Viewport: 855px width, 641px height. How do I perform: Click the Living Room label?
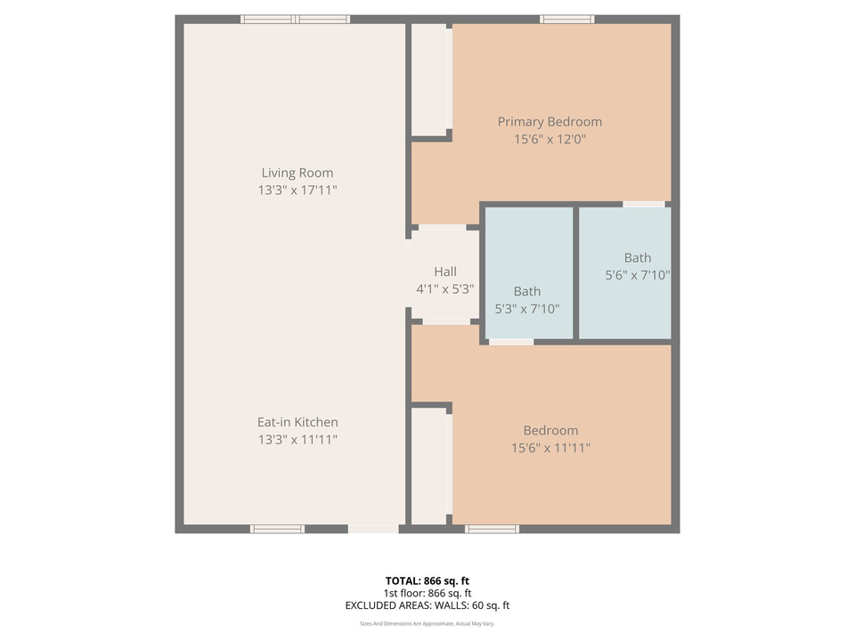(x=297, y=173)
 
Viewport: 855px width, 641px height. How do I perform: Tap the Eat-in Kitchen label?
(x=297, y=422)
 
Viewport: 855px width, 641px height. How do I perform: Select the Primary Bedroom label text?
(x=549, y=122)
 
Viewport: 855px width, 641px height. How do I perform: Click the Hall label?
(x=444, y=272)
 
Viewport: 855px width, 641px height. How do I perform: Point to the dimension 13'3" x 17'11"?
(x=297, y=191)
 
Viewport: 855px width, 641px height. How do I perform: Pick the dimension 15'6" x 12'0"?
(x=549, y=140)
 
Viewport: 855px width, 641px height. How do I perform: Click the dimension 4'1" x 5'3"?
(x=444, y=289)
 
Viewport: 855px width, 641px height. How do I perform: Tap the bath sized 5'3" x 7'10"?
(x=527, y=300)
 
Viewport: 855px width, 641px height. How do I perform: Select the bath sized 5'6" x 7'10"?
(x=637, y=267)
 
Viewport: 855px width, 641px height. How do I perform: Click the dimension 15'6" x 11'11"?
(x=550, y=448)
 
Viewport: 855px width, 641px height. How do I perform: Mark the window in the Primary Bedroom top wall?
(x=566, y=19)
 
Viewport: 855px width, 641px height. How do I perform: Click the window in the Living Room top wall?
(x=295, y=19)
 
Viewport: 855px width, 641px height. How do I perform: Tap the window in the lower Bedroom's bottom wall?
(x=492, y=529)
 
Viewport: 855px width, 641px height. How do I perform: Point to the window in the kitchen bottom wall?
(x=277, y=529)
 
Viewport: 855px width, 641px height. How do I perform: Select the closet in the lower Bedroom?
(x=430, y=466)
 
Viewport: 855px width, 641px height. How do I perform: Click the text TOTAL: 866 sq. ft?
(x=427, y=580)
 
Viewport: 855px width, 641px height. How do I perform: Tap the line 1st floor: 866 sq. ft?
(x=427, y=593)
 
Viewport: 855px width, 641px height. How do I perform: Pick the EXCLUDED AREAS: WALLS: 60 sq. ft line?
(x=427, y=605)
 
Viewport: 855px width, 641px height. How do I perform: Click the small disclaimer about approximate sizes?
(x=427, y=624)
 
